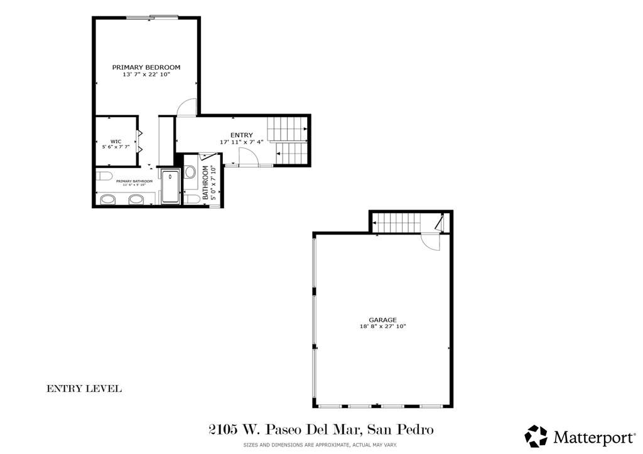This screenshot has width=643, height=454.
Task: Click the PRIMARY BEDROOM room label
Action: click(x=146, y=67)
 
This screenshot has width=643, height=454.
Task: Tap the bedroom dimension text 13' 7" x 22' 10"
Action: click(x=146, y=75)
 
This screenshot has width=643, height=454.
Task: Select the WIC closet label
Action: click(x=116, y=141)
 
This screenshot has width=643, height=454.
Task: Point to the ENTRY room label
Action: click(x=242, y=135)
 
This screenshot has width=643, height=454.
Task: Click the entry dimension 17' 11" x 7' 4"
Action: click(x=242, y=142)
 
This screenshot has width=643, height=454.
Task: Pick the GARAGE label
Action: click(x=382, y=320)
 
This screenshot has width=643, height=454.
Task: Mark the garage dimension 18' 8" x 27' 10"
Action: click(x=382, y=327)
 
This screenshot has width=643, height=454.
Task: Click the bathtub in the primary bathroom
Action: click(x=170, y=187)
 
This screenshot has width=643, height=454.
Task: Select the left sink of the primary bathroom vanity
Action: click(x=108, y=200)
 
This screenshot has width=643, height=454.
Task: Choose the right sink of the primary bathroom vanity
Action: click(x=136, y=200)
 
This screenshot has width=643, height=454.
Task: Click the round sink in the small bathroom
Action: click(x=191, y=171)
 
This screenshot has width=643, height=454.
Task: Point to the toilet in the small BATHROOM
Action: click(x=193, y=199)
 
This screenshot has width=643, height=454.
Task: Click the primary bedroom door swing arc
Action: click(x=186, y=108)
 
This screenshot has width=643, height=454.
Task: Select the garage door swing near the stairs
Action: click(x=431, y=243)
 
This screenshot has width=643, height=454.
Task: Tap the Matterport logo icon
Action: click(x=536, y=436)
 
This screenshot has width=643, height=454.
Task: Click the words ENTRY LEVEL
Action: click(x=84, y=389)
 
